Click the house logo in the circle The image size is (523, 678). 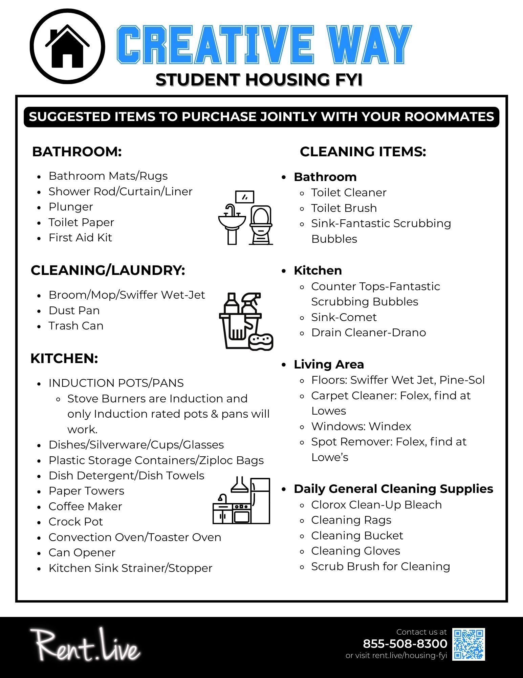tap(67, 46)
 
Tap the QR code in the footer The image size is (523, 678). tap(469, 644)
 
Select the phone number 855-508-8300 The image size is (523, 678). tap(405, 643)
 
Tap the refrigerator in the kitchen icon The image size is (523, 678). tap(261, 500)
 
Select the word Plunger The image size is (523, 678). tap(71, 207)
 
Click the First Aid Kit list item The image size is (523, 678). tap(80, 238)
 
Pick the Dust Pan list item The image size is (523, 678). tap(74, 311)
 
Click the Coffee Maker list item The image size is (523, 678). tap(85, 506)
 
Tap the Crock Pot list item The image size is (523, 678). tap(76, 522)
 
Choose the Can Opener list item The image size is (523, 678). tap(82, 553)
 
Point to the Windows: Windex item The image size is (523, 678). tap(361, 426)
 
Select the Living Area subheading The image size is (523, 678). tap(329, 364)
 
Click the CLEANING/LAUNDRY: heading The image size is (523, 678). tap(108, 271)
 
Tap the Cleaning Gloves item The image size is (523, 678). tap(355, 551)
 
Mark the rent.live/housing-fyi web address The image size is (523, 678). tap(410, 656)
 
